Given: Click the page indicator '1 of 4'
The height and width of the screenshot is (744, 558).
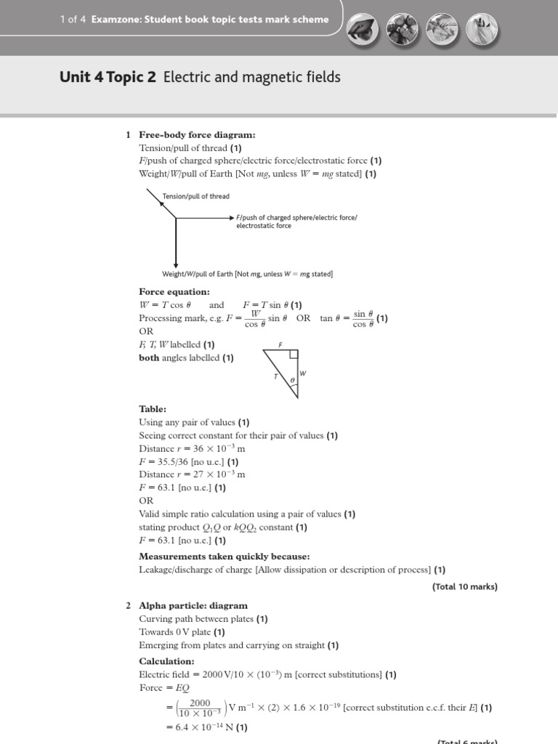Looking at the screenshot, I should pos(73,20).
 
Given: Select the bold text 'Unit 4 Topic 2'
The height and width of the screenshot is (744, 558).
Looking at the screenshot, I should pos(109,77).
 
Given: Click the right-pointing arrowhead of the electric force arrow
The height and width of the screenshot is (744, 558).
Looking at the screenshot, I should pos(231,217).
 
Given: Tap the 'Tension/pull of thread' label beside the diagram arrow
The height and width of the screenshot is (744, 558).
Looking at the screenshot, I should pos(196,196).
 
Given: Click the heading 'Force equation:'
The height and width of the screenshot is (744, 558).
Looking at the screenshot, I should pos(174,292).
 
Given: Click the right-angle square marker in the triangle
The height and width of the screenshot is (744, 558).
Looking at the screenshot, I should pos(293,355).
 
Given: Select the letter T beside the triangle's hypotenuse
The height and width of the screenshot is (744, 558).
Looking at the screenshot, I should pos(275,376).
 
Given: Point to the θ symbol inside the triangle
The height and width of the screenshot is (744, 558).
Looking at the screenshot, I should pos(292,380).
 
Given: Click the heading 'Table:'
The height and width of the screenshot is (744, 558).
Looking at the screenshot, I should pos(153,409).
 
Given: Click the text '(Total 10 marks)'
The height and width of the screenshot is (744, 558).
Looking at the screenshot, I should pos(464,586).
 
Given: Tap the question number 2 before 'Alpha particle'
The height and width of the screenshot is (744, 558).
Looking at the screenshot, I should pos(128,605).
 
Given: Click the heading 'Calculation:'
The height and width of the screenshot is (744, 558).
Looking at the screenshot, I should pos(166,661).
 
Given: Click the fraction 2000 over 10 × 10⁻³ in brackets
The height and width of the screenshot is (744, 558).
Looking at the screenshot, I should pos(200,708).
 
